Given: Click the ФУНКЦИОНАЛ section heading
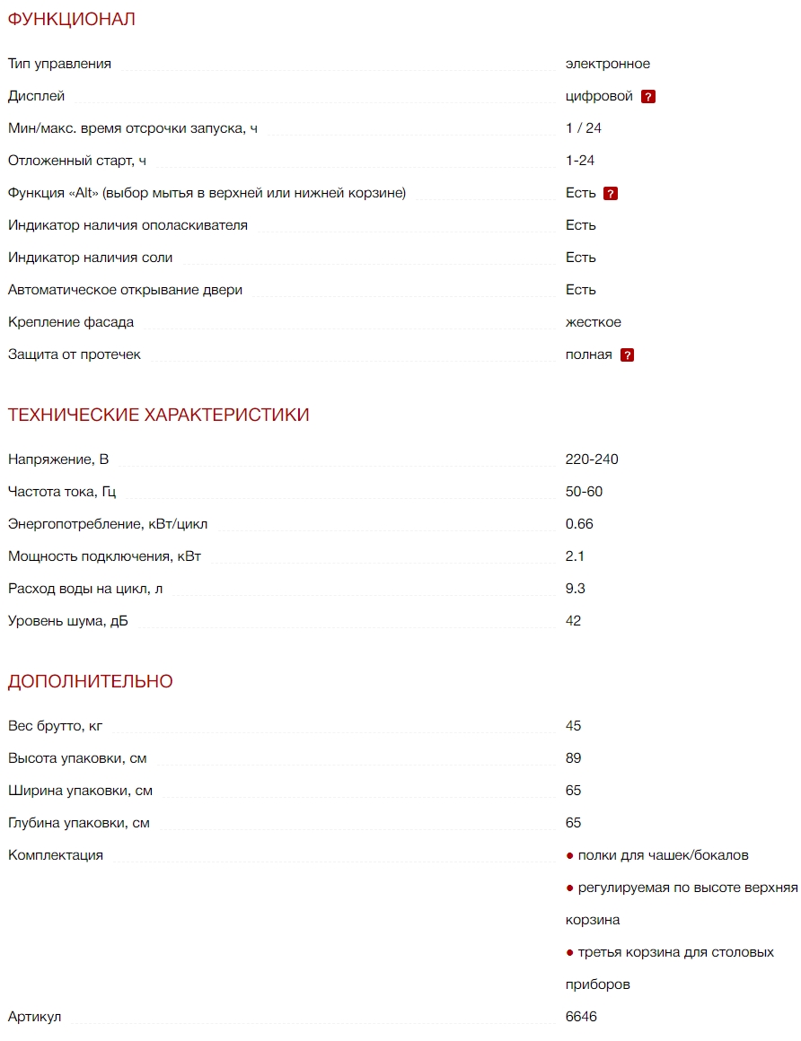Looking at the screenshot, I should pyautogui.click(x=72, y=19).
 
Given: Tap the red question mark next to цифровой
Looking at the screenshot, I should pyautogui.click(x=648, y=97).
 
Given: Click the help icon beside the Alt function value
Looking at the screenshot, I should pyautogui.click(x=611, y=194).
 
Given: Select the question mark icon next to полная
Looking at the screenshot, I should pyautogui.click(x=627, y=355).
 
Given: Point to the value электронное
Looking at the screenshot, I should pyautogui.click(x=607, y=64).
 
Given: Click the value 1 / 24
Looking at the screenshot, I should pyautogui.click(x=584, y=128).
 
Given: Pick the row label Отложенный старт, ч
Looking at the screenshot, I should pyautogui.click(x=77, y=161).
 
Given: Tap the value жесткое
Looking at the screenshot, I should pyautogui.click(x=593, y=322).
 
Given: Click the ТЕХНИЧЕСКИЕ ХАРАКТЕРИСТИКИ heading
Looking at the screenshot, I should pyautogui.click(x=159, y=415).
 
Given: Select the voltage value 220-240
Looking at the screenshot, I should pyautogui.click(x=592, y=459).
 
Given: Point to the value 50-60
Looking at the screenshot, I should pyautogui.click(x=585, y=492).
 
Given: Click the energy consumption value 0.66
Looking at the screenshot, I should pyautogui.click(x=579, y=524).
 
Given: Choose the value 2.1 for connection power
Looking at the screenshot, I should pyautogui.click(x=575, y=556).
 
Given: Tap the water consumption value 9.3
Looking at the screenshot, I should pyautogui.click(x=576, y=589).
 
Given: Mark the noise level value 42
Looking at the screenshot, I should pyautogui.click(x=573, y=621).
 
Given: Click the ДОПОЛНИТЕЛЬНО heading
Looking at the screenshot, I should pyautogui.click(x=91, y=681).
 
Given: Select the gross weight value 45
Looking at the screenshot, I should pyautogui.click(x=573, y=726).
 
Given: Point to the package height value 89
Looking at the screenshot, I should pyautogui.click(x=573, y=758).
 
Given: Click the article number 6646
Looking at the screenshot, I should pyautogui.click(x=581, y=1017).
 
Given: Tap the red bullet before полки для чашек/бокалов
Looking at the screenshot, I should pyautogui.click(x=569, y=855).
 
